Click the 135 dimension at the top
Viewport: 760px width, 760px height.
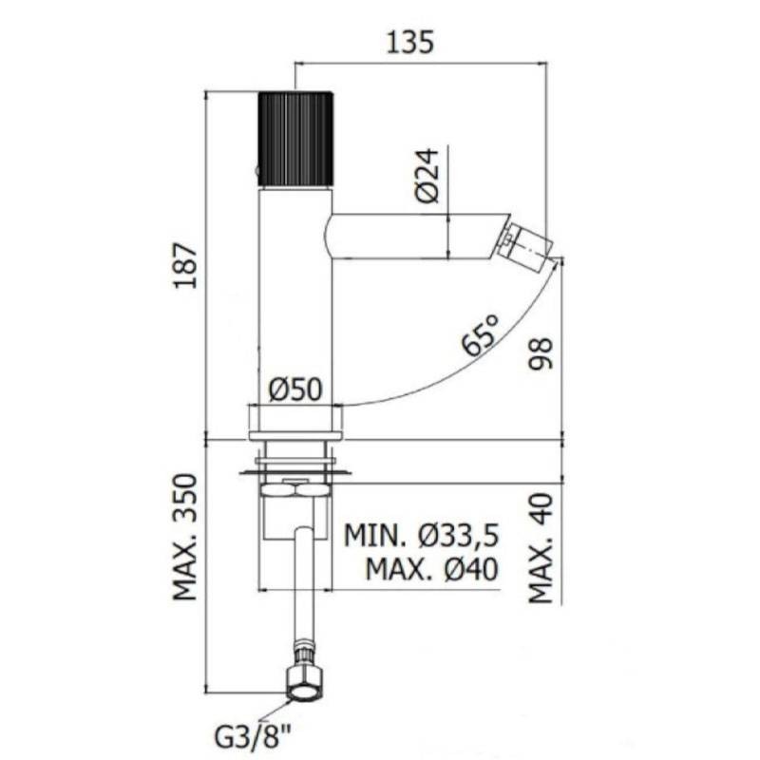pyautogui.click(x=409, y=42)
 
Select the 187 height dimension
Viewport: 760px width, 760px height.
pyautogui.click(x=186, y=266)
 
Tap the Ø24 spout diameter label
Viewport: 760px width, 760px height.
pyautogui.click(x=427, y=175)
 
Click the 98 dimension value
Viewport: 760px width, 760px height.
pyautogui.click(x=541, y=353)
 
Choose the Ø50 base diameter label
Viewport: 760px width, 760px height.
pyautogui.click(x=295, y=389)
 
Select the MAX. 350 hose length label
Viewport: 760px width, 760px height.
pyautogui.click(x=185, y=537)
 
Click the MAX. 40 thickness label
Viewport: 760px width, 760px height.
pyautogui.click(x=541, y=548)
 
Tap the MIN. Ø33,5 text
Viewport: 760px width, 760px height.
pyautogui.click(x=421, y=536)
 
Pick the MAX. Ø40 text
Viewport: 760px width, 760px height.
pyautogui.click(x=432, y=569)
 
